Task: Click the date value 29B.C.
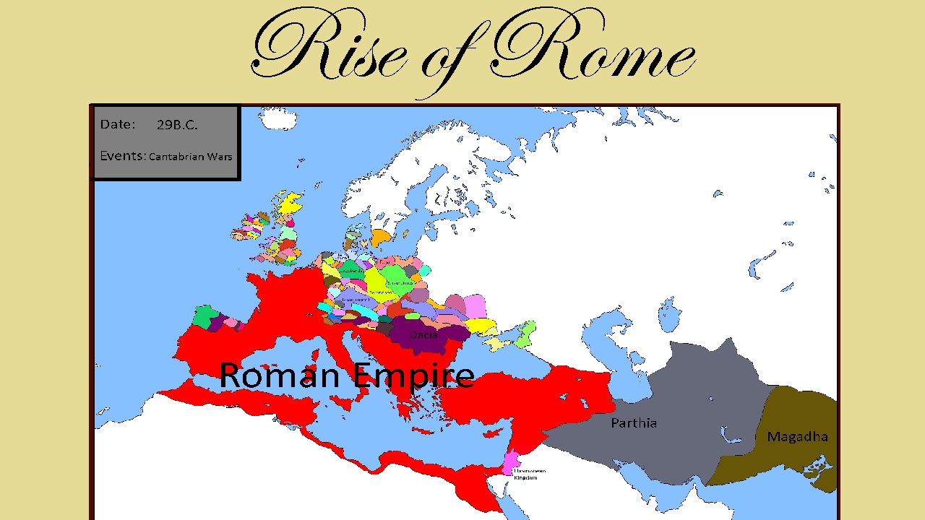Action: coord(177,125)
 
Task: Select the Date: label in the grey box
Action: coord(117,124)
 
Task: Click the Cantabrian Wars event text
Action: coord(191,157)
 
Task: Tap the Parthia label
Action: coord(634,423)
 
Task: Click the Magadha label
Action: coord(797,437)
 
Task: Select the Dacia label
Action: coord(423,335)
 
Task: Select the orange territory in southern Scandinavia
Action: coord(380,237)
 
